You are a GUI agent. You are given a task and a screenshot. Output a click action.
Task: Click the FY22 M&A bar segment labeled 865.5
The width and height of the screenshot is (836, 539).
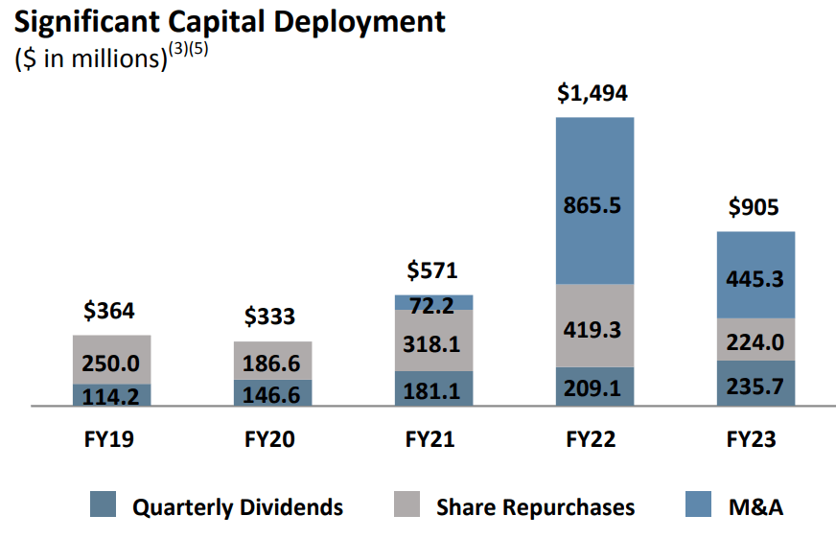pos(594,200)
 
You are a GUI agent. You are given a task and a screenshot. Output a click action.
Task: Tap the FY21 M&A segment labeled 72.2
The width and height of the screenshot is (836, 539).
pos(434,303)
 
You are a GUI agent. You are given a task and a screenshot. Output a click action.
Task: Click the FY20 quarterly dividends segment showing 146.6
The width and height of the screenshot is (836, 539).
pos(273,393)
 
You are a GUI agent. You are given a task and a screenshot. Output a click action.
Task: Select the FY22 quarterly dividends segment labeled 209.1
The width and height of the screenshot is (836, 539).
pos(594,387)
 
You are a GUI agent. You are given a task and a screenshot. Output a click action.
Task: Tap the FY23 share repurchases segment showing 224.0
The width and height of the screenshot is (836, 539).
pos(755,340)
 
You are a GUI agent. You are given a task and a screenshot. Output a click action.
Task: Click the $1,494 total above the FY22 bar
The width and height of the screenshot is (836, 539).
pos(594,94)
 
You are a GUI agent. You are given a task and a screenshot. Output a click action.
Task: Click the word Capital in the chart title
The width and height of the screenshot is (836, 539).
pos(238,21)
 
